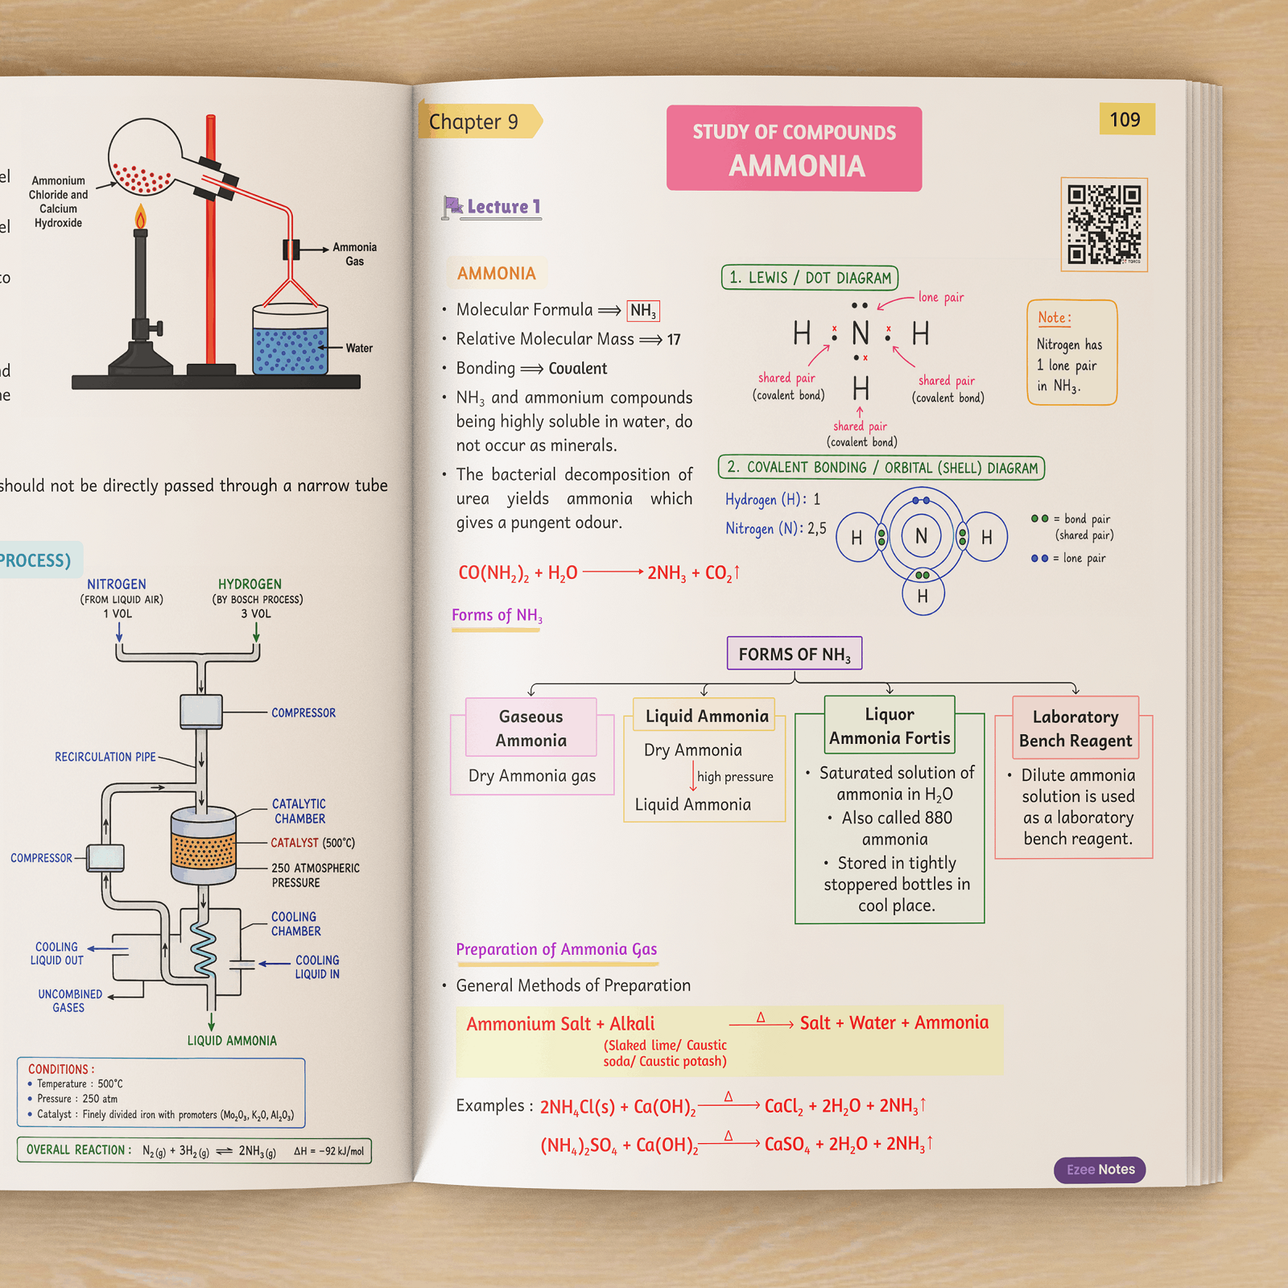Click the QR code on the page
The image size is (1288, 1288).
tap(1104, 225)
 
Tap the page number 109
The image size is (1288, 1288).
tap(1126, 119)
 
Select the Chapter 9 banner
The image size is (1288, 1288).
tap(480, 121)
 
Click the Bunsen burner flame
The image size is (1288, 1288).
tap(141, 216)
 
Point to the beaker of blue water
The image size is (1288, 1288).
tap(290, 339)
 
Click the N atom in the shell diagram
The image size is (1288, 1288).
tap(922, 535)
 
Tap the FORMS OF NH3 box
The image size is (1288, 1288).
tap(795, 654)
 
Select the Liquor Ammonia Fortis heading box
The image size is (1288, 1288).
tap(890, 725)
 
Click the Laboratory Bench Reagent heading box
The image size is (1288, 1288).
tap(1075, 728)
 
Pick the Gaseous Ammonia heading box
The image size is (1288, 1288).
tap(531, 728)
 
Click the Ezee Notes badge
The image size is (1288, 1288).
tap(1100, 1170)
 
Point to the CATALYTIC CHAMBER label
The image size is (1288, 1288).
tap(299, 811)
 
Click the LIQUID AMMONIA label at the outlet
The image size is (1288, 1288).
tap(232, 1041)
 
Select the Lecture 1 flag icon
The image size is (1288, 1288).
tap(452, 208)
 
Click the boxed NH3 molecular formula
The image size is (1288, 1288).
tap(643, 311)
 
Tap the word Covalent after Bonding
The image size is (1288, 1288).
tap(578, 369)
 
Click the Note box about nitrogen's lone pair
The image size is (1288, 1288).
tap(1071, 352)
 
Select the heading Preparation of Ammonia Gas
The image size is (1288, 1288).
tap(556, 950)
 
